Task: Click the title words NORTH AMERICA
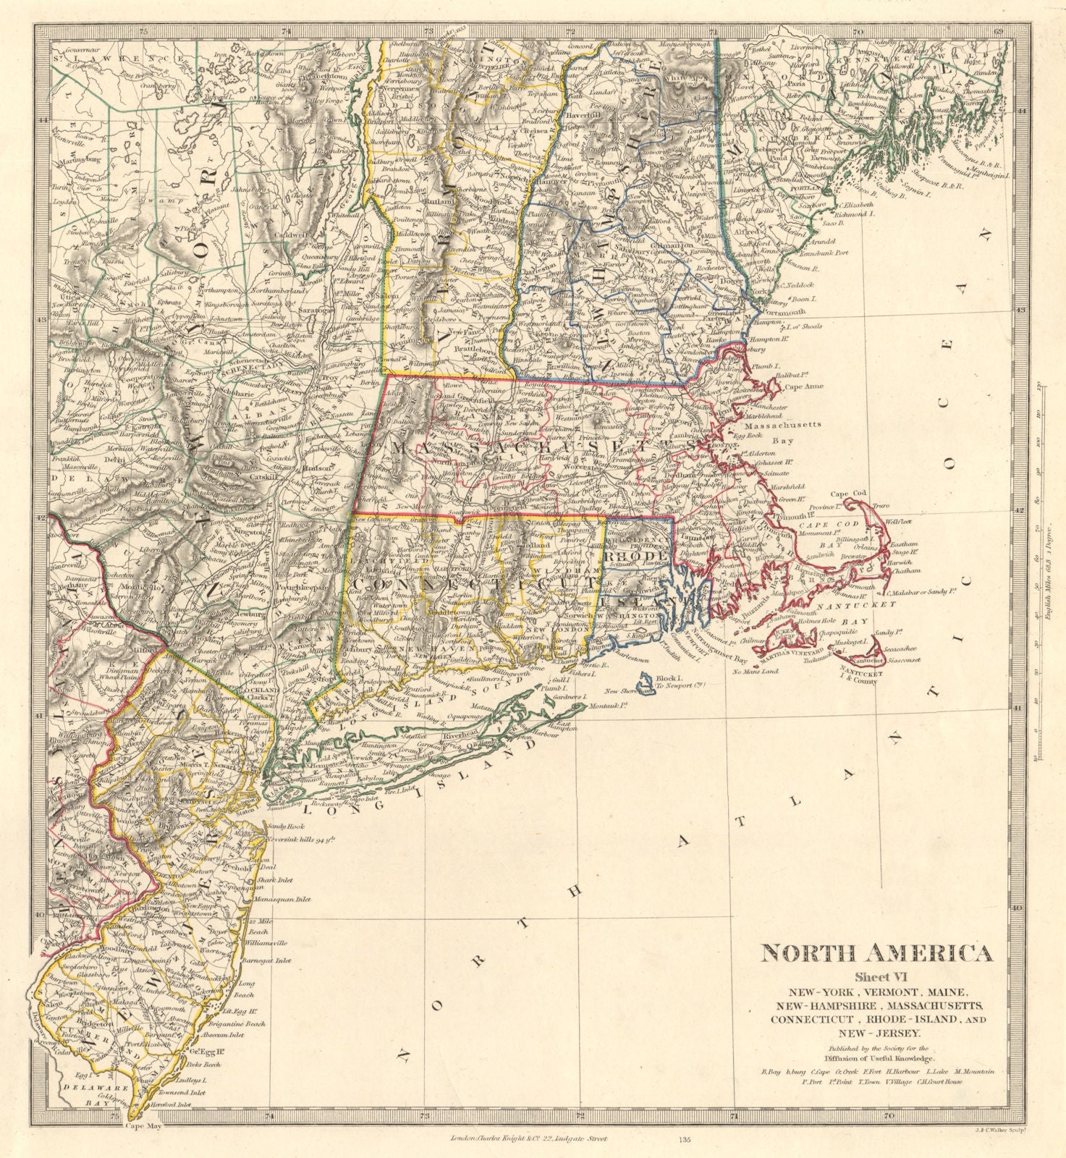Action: (x=876, y=953)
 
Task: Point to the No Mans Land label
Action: (x=754, y=672)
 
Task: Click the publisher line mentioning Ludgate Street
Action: (x=526, y=1138)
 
